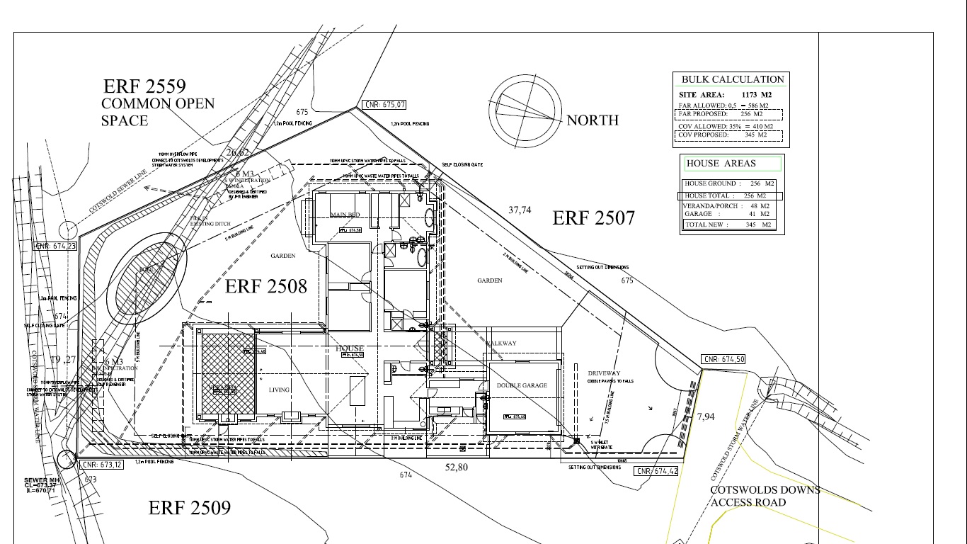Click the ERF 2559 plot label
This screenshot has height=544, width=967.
tap(144, 86)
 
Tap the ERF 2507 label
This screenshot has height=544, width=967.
tap(593, 218)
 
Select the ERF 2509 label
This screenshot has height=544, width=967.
tap(189, 508)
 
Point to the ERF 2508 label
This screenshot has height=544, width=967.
tap(266, 286)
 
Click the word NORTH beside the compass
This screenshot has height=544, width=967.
tap(593, 120)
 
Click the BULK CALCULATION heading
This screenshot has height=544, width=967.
tap(732, 79)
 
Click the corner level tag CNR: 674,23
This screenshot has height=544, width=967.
tap(57, 246)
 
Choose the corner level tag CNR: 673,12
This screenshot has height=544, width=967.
tap(101, 465)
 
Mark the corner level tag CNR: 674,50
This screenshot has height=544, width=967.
tap(723, 360)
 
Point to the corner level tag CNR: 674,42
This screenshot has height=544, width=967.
tap(656, 472)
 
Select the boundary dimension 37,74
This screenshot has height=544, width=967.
tap(520, 210)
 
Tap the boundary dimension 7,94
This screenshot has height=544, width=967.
tap(706, 416)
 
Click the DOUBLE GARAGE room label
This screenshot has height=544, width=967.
tap(522, 386)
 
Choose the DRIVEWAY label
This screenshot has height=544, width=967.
tap(604, 373)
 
